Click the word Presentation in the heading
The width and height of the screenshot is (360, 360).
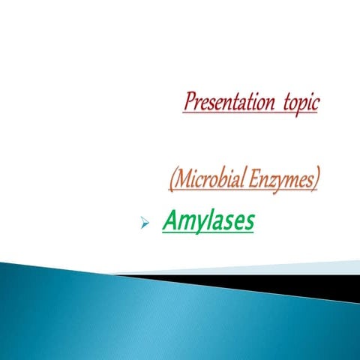click(226, 101)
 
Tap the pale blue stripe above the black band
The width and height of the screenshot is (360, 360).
click(300, 268)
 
